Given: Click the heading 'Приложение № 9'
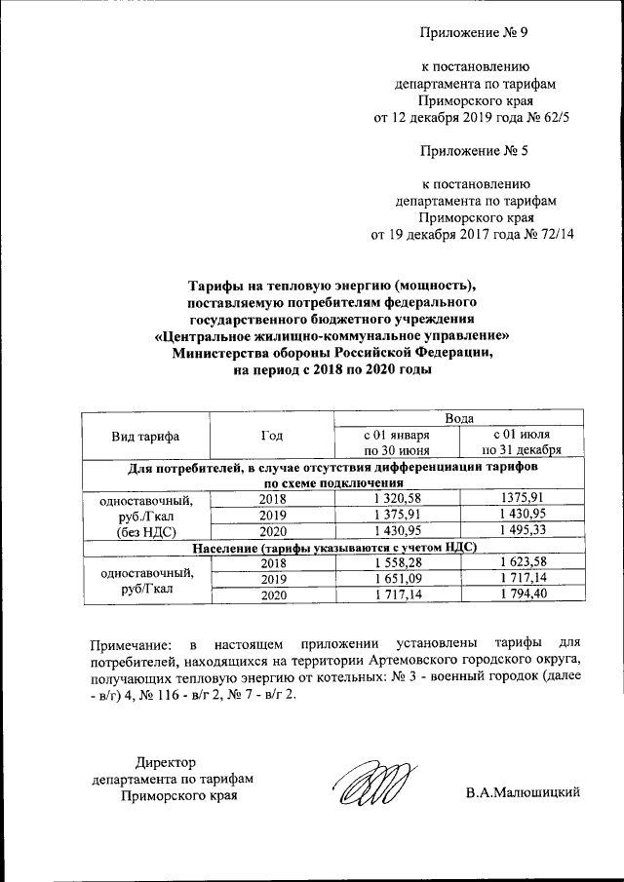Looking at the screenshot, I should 474,35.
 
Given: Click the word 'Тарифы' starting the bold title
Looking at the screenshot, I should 214,285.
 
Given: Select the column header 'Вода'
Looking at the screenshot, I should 458,418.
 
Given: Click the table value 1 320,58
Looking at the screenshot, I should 396,498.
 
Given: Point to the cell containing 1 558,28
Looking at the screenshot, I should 396,563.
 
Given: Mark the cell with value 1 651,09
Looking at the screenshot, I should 396,579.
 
